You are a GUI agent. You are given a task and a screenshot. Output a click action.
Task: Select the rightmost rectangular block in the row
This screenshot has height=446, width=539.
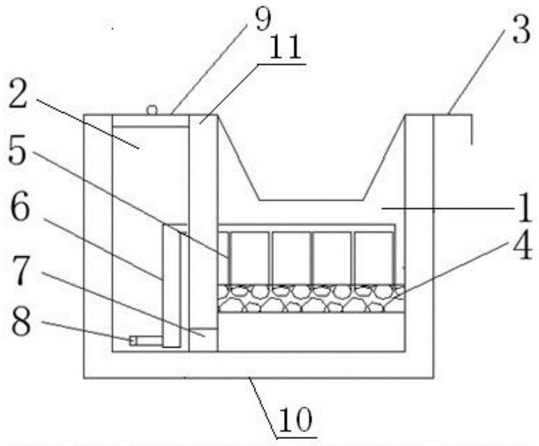[x=373, y=258]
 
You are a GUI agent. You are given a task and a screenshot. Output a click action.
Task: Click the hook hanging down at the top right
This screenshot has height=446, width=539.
[x=472, y=130]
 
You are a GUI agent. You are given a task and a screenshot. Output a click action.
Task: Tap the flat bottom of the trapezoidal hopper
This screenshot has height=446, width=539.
[x=311, y=199]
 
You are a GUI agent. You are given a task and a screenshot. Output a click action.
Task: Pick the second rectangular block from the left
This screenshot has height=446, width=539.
[x=291, y=258]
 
